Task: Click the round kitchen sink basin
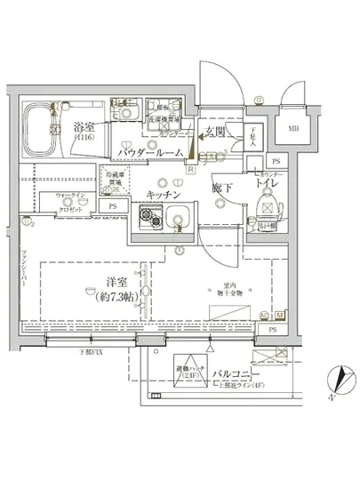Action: coord(176,216)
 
